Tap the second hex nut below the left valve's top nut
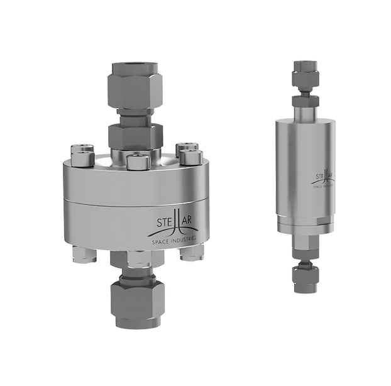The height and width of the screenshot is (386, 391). pyautogui.click(x=135, y=135)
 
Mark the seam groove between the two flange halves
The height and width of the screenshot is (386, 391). pyautogui.click(x=136, y=201)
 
